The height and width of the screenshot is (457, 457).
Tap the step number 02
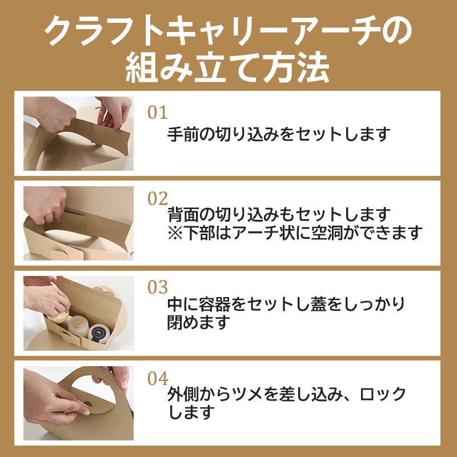(x=158, y=199)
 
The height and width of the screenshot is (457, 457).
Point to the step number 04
(x=158, y=378)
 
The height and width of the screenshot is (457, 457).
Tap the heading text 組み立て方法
(x=228, y=69)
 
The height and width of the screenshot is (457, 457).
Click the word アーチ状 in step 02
(x=283, y=233)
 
